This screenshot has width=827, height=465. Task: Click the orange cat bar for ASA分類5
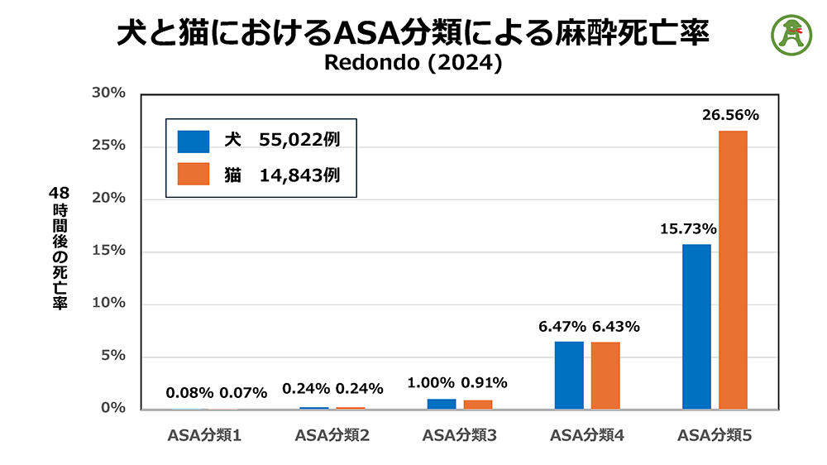tap(733, 270)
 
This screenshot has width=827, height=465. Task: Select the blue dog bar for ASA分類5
tap(696, 326)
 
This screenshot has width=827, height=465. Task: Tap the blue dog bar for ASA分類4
tap(569, 375)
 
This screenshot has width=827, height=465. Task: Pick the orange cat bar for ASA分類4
tap(605, 375)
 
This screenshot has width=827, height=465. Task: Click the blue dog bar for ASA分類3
tap(442, 404)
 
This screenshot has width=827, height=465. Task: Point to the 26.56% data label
tap(730, 116)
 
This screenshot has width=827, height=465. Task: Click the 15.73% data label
tap(688, 229)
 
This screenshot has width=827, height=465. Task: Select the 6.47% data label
tap(562, 327)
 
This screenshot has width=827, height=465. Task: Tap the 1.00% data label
tap(431, 383)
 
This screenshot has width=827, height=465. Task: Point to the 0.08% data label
tap(189, 392)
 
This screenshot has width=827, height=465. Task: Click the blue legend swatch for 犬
tap(194, 141)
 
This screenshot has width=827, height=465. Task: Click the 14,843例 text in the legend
tap(299, 175)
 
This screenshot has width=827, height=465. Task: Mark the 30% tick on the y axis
tap(108, 93)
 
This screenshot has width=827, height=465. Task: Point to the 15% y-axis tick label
tap(108, 251)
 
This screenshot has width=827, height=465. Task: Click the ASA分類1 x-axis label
tap(204, 435)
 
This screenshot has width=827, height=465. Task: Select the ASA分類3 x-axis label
tap(459, 435)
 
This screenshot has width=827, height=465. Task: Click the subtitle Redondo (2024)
tap(413, 63)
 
